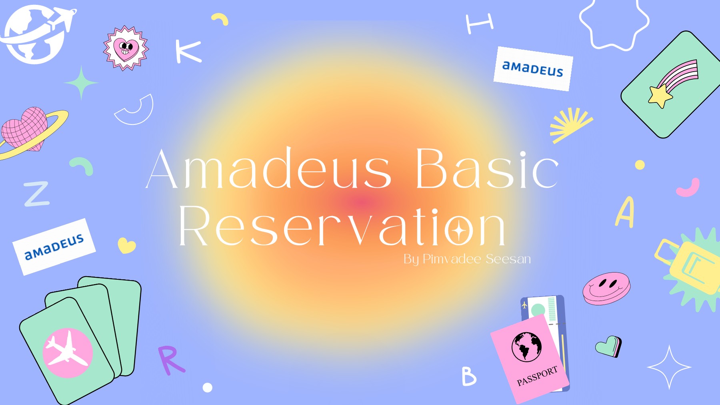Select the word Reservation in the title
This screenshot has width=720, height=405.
tap(342, 227)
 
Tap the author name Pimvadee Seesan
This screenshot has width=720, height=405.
tap(476, 259)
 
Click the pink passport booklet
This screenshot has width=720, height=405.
tap(529, 358)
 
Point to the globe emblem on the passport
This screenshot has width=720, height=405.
tap(526, 347)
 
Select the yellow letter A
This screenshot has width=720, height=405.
tap(625, 212)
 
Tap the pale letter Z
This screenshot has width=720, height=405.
tap(37, 194)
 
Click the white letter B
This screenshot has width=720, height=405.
tap(468, 376)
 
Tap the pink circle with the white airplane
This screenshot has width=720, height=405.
tap(68, 353)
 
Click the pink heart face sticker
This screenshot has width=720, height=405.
tap(126, 48)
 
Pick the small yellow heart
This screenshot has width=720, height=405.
tap(126, 245)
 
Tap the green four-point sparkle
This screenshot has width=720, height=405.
tap(81, 83)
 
